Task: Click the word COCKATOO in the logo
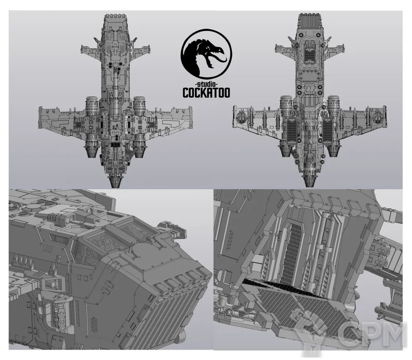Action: click(x=206, y=92)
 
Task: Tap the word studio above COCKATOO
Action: click(x=206, y=85)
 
